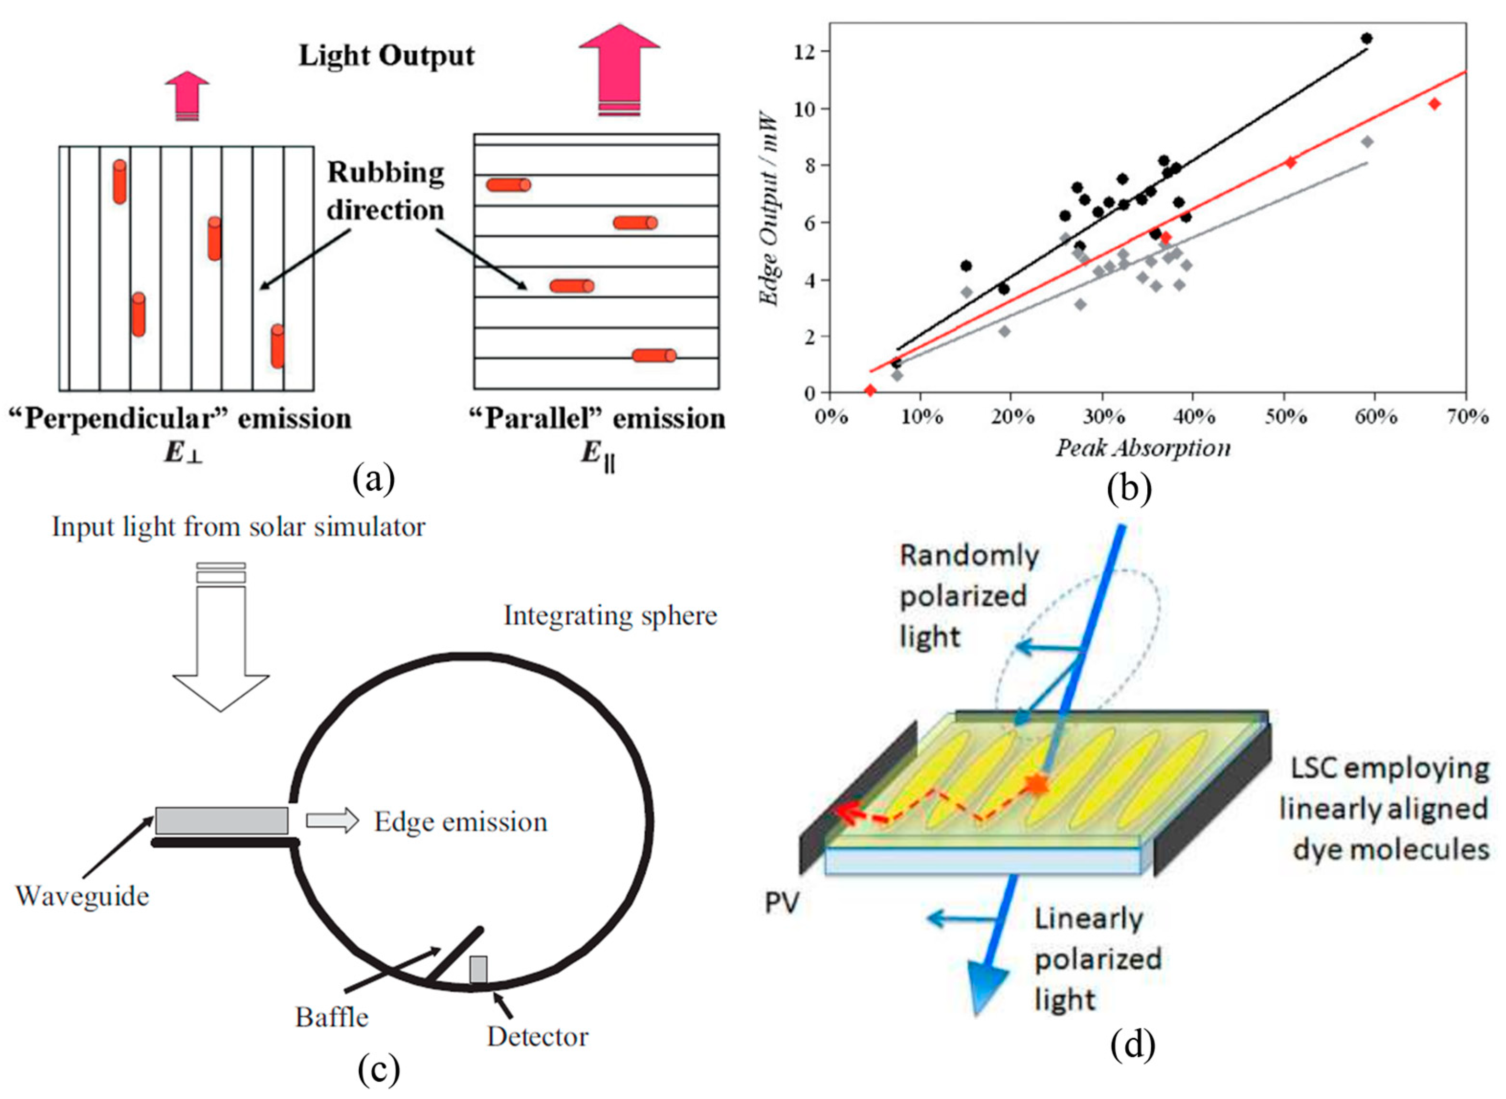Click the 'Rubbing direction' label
[386, 191]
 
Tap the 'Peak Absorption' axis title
[1143, 448]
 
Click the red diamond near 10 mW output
[1434, 104]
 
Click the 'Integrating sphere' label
[610, 615]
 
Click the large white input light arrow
[221, 639]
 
